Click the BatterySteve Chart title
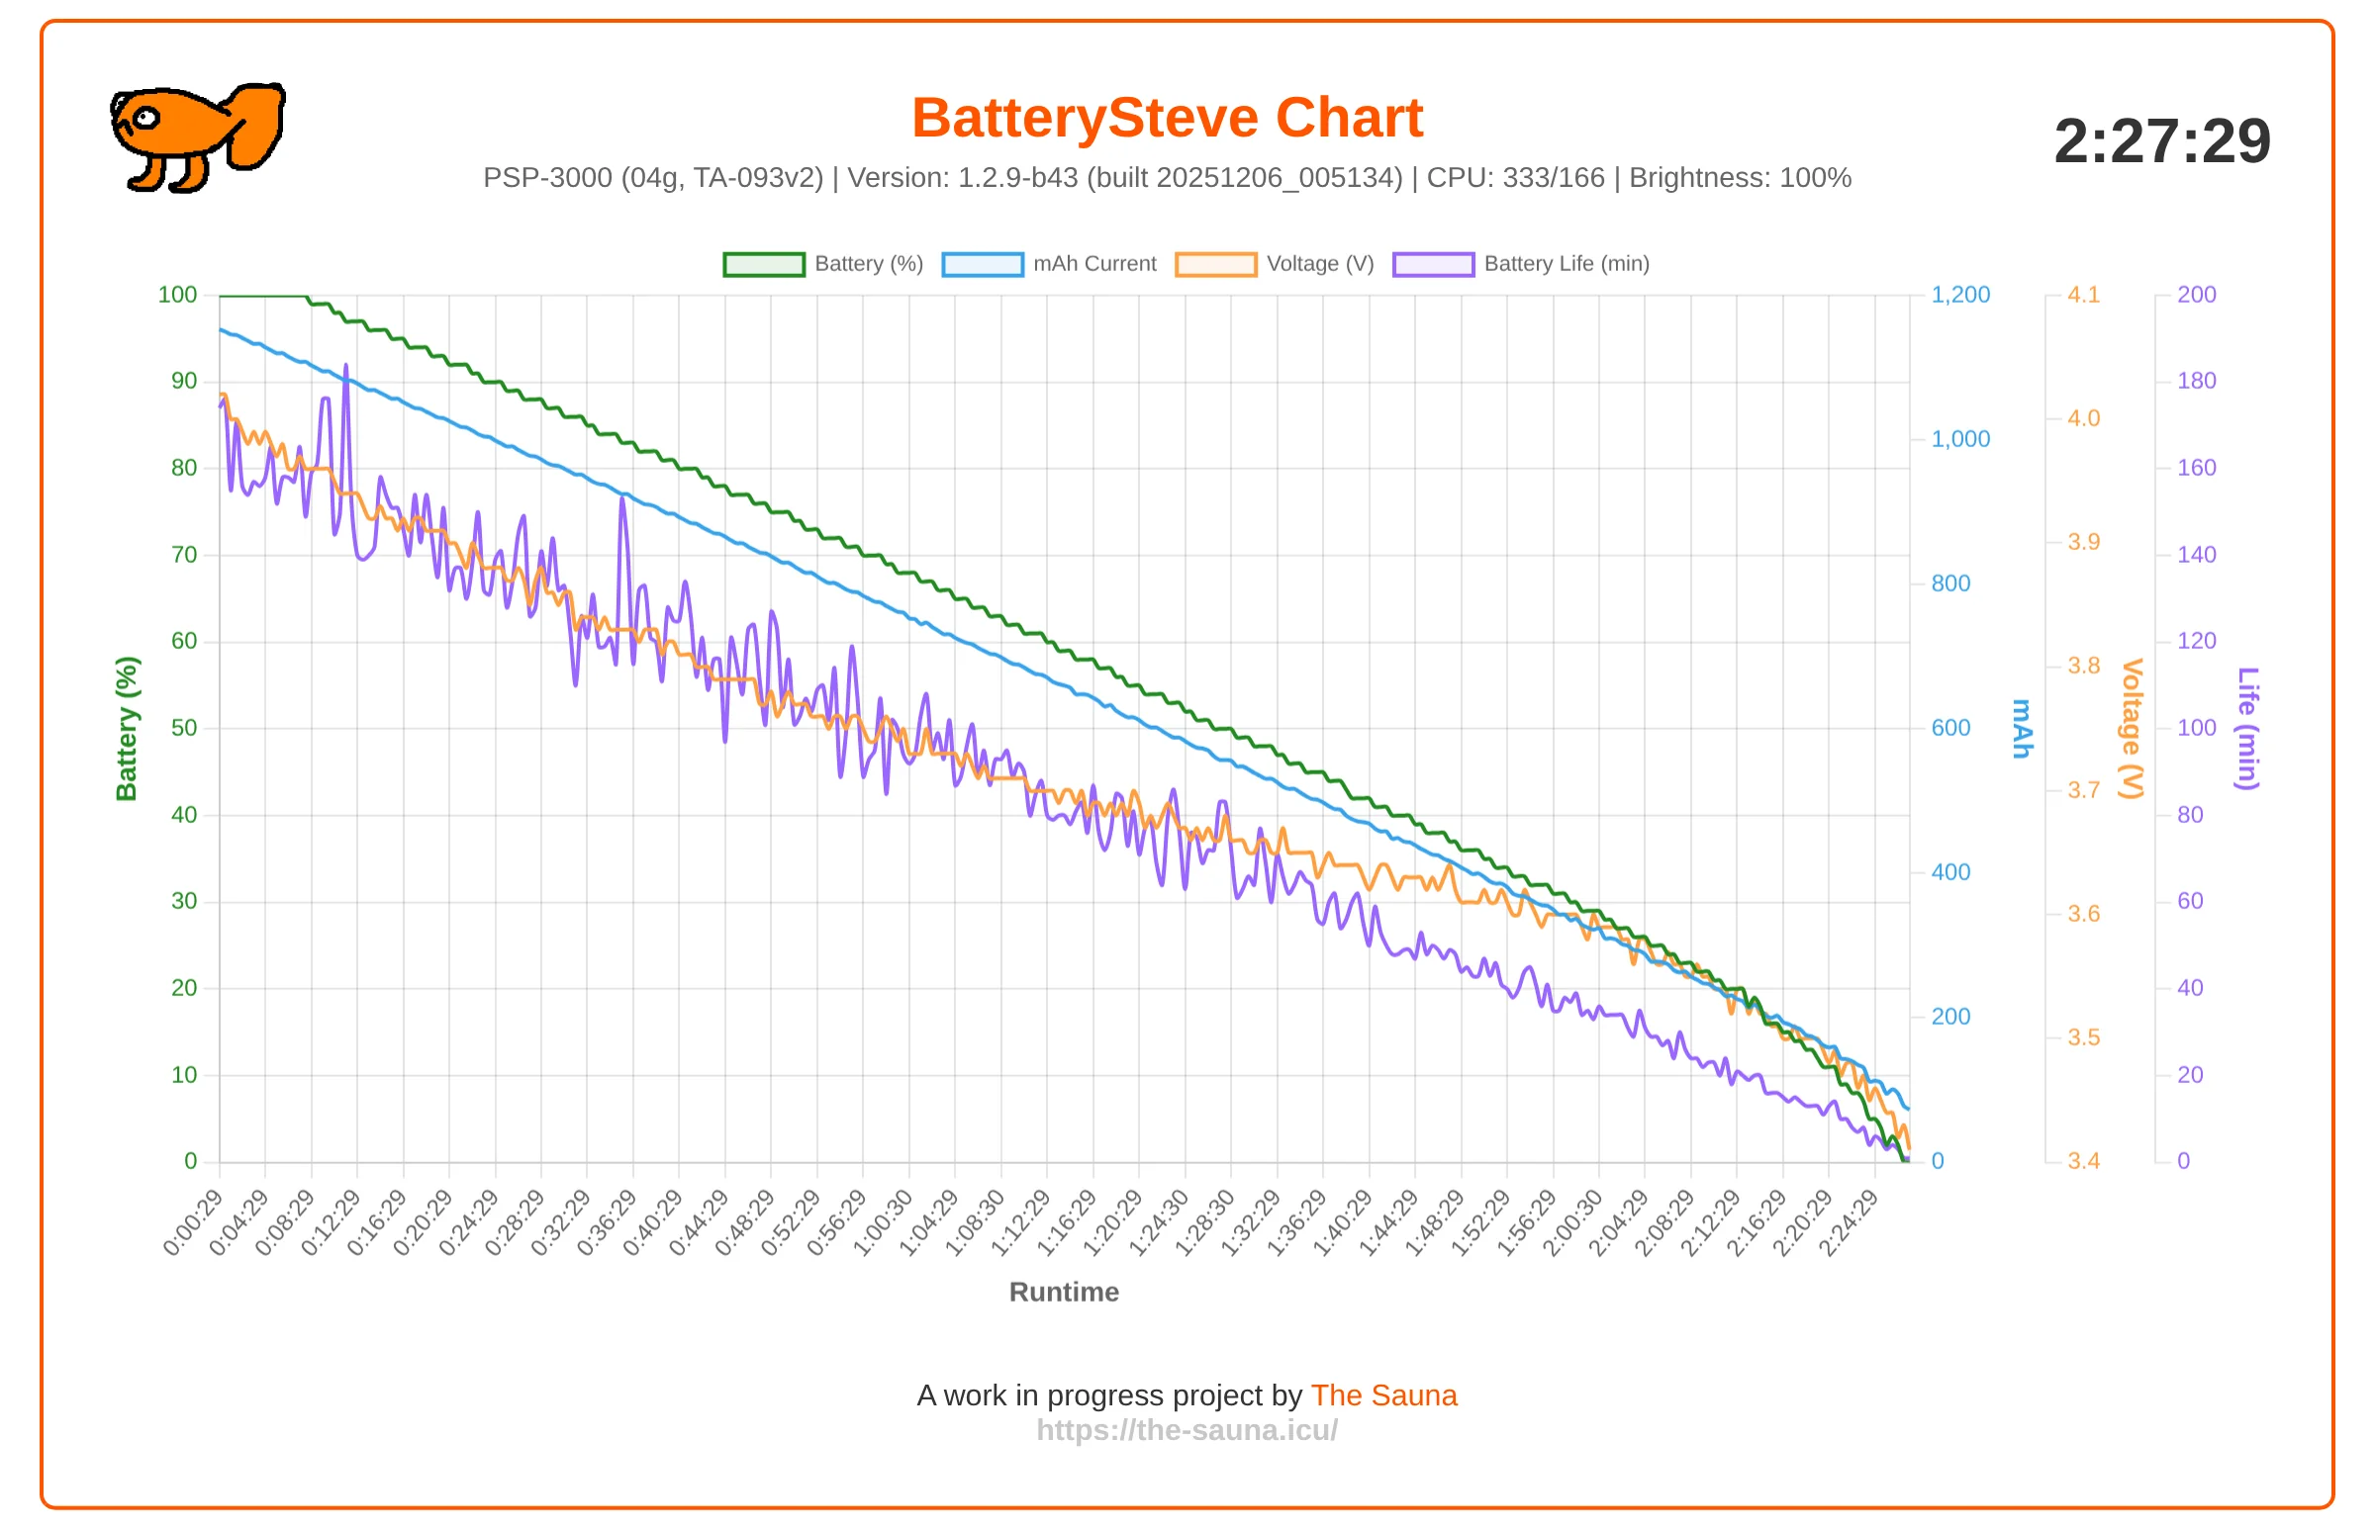coord(1167,118)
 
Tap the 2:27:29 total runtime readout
coord(2161,141)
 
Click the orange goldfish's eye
coord(146,118)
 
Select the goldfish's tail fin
coord(256,125)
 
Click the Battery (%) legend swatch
coord(764,264)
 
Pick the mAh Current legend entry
coord(1049,264)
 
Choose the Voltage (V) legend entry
coord(1275,264)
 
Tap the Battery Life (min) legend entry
coord(1521,264)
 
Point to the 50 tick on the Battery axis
coord(184,728)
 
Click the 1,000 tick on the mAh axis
coord(1959,439)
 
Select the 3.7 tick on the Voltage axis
coord(2083,790)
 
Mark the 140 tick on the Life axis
coord(2196,555)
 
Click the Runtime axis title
coord(1064,1292)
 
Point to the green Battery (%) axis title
coord(126,729)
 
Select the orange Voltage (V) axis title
coord(2132,729)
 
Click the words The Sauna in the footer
coord(1383,1394)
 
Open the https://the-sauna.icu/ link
coord(1187,1430)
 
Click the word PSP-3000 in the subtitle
coord(547,178)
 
